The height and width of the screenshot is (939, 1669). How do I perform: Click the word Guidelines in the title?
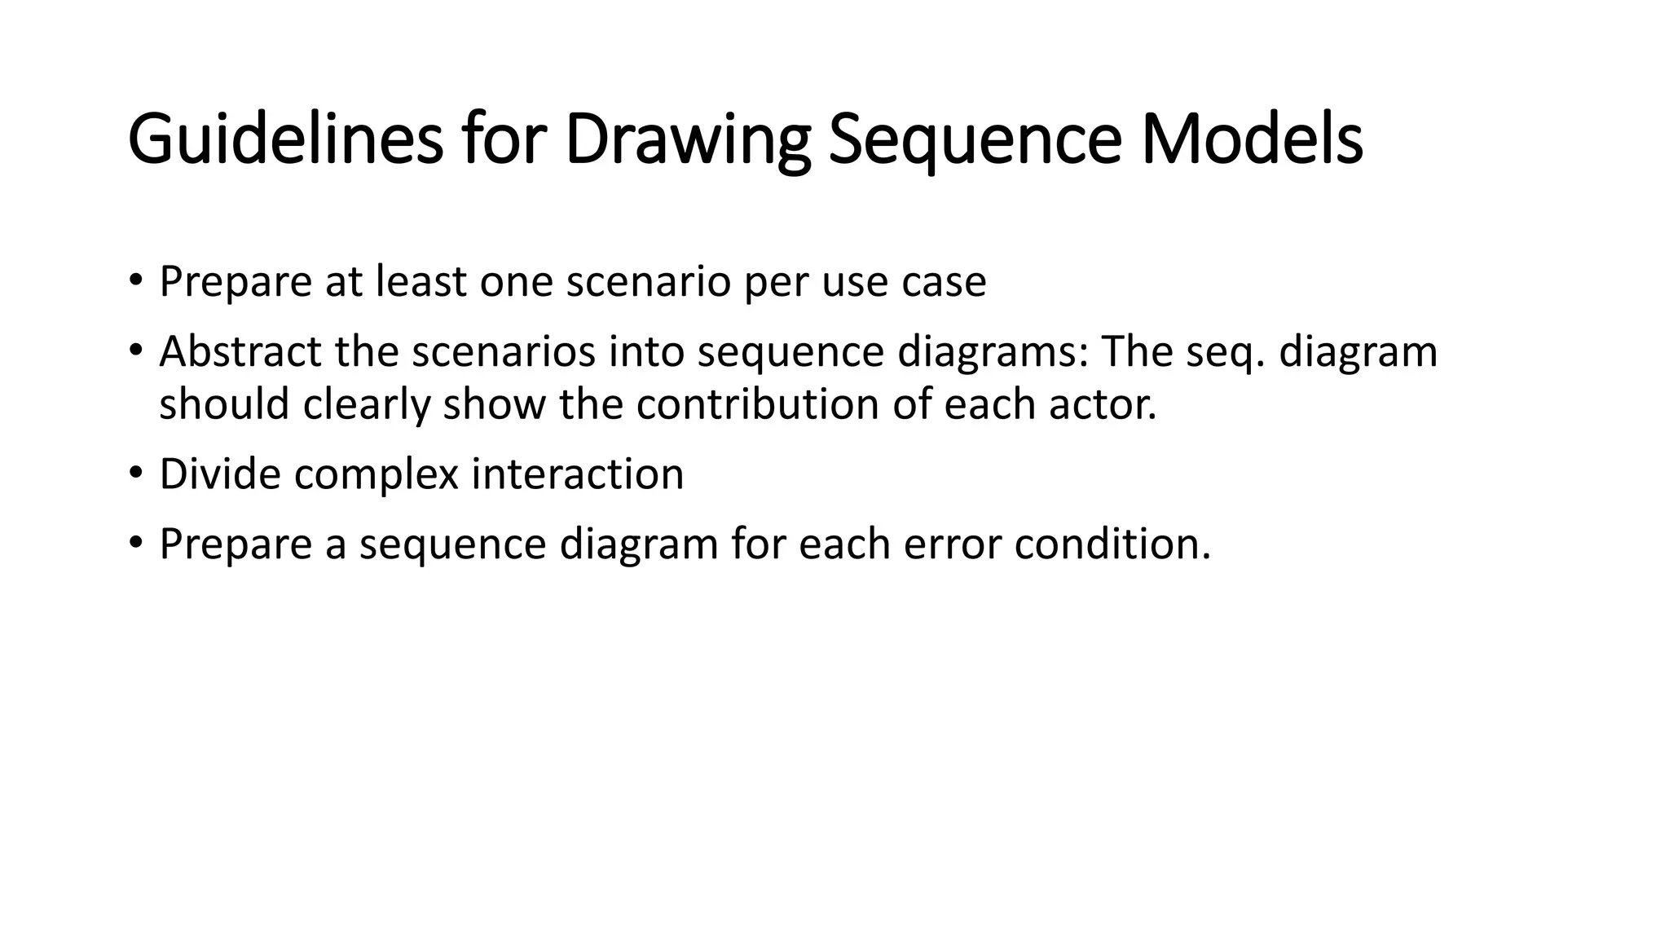point(285,140)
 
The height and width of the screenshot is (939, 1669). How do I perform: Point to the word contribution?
point(757,404)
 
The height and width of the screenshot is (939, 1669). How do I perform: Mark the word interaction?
point(577,474)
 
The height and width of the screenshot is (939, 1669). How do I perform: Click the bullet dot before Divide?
point(136,473)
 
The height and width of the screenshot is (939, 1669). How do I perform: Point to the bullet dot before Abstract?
point(136,350)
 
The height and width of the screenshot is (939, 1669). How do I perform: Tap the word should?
point(224,404)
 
